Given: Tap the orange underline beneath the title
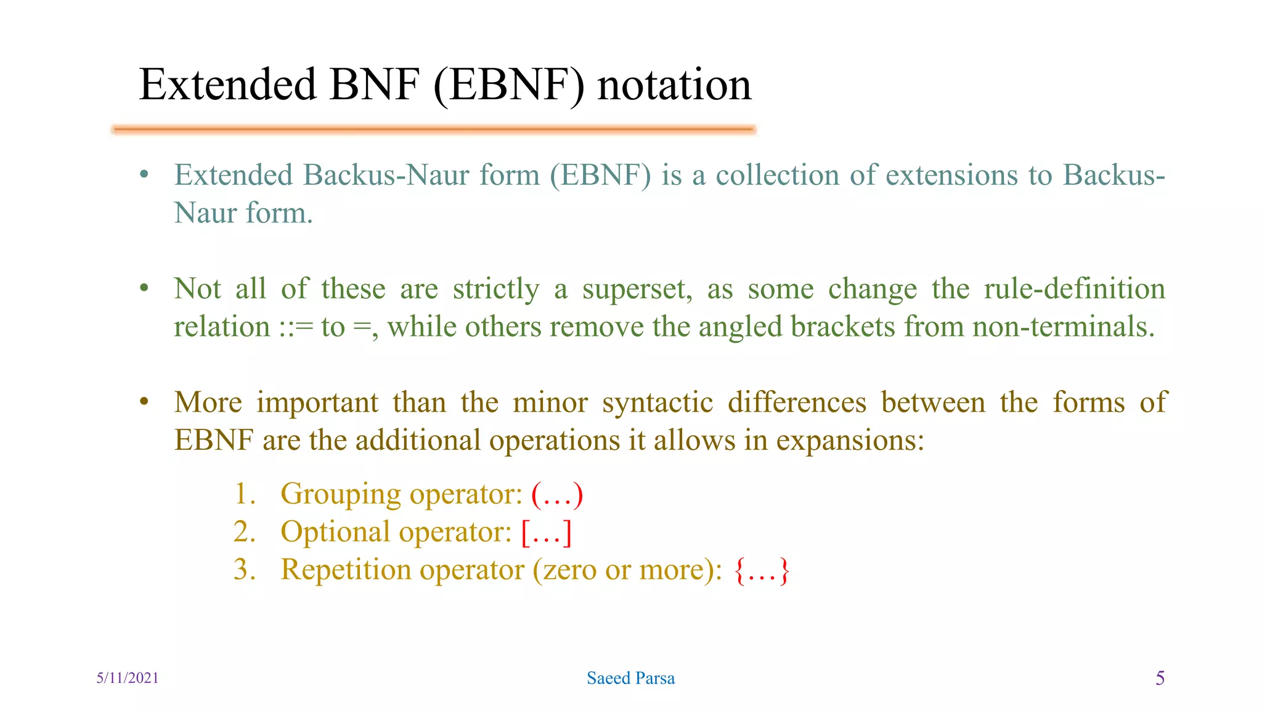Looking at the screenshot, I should [434, 129].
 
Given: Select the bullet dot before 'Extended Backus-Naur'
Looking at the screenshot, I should [144, 175].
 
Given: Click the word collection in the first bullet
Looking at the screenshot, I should [777, 175].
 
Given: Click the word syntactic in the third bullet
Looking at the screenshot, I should [657, 403].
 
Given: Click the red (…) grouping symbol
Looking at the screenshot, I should [557, 494].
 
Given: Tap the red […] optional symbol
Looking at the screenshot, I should [547, 532].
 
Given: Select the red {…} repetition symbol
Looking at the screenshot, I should [762, 570].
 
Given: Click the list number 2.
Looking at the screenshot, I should [243, 532].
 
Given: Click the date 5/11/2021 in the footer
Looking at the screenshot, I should [128, 678].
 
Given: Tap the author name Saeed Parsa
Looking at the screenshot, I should [630, 678].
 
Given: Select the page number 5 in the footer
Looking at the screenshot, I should [1160, 678].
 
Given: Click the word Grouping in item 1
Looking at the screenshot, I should [340, 494].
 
